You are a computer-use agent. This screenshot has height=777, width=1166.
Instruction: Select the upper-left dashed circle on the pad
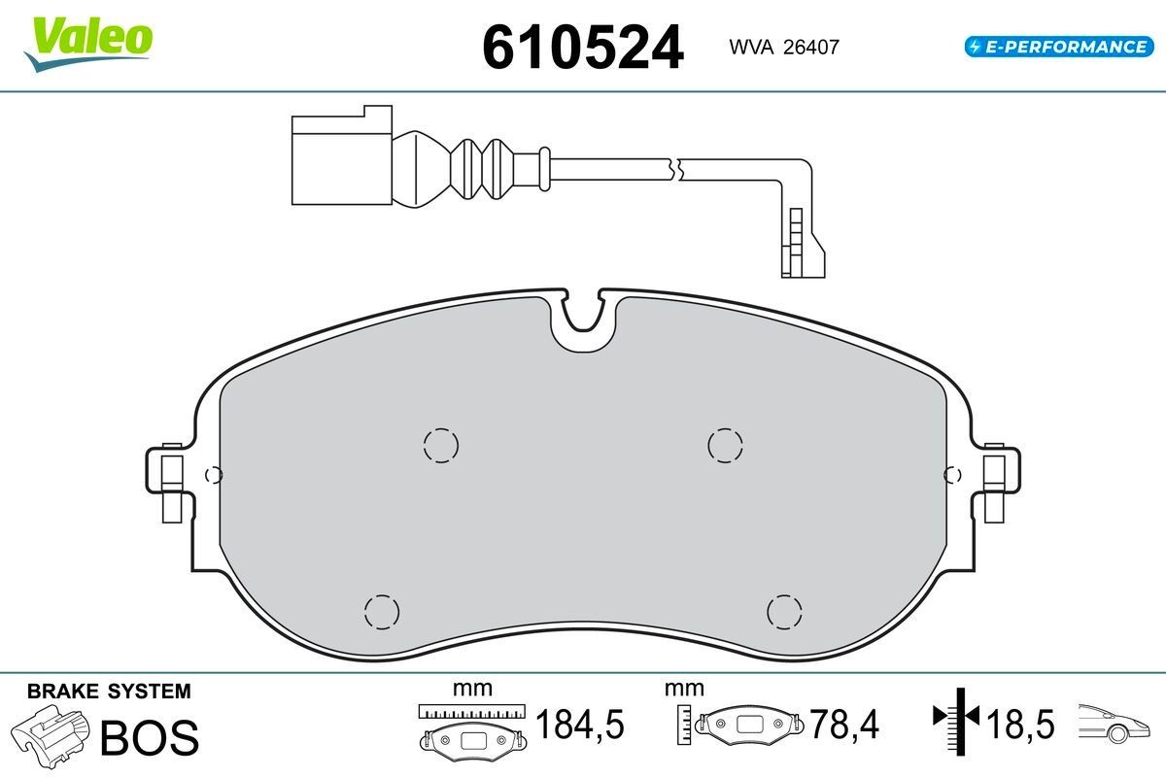[x=440, y=445]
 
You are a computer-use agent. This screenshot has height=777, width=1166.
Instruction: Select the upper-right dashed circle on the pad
[x=724, y=445]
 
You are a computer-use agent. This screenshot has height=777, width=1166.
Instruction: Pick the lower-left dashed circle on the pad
[x=381, y=611]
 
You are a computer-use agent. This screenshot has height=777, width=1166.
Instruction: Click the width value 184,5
[x=580, y=724]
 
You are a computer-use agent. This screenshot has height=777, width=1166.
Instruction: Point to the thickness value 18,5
[x=1020, y=724]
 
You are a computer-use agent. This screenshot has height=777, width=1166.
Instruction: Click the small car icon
[x=1116, y=723]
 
